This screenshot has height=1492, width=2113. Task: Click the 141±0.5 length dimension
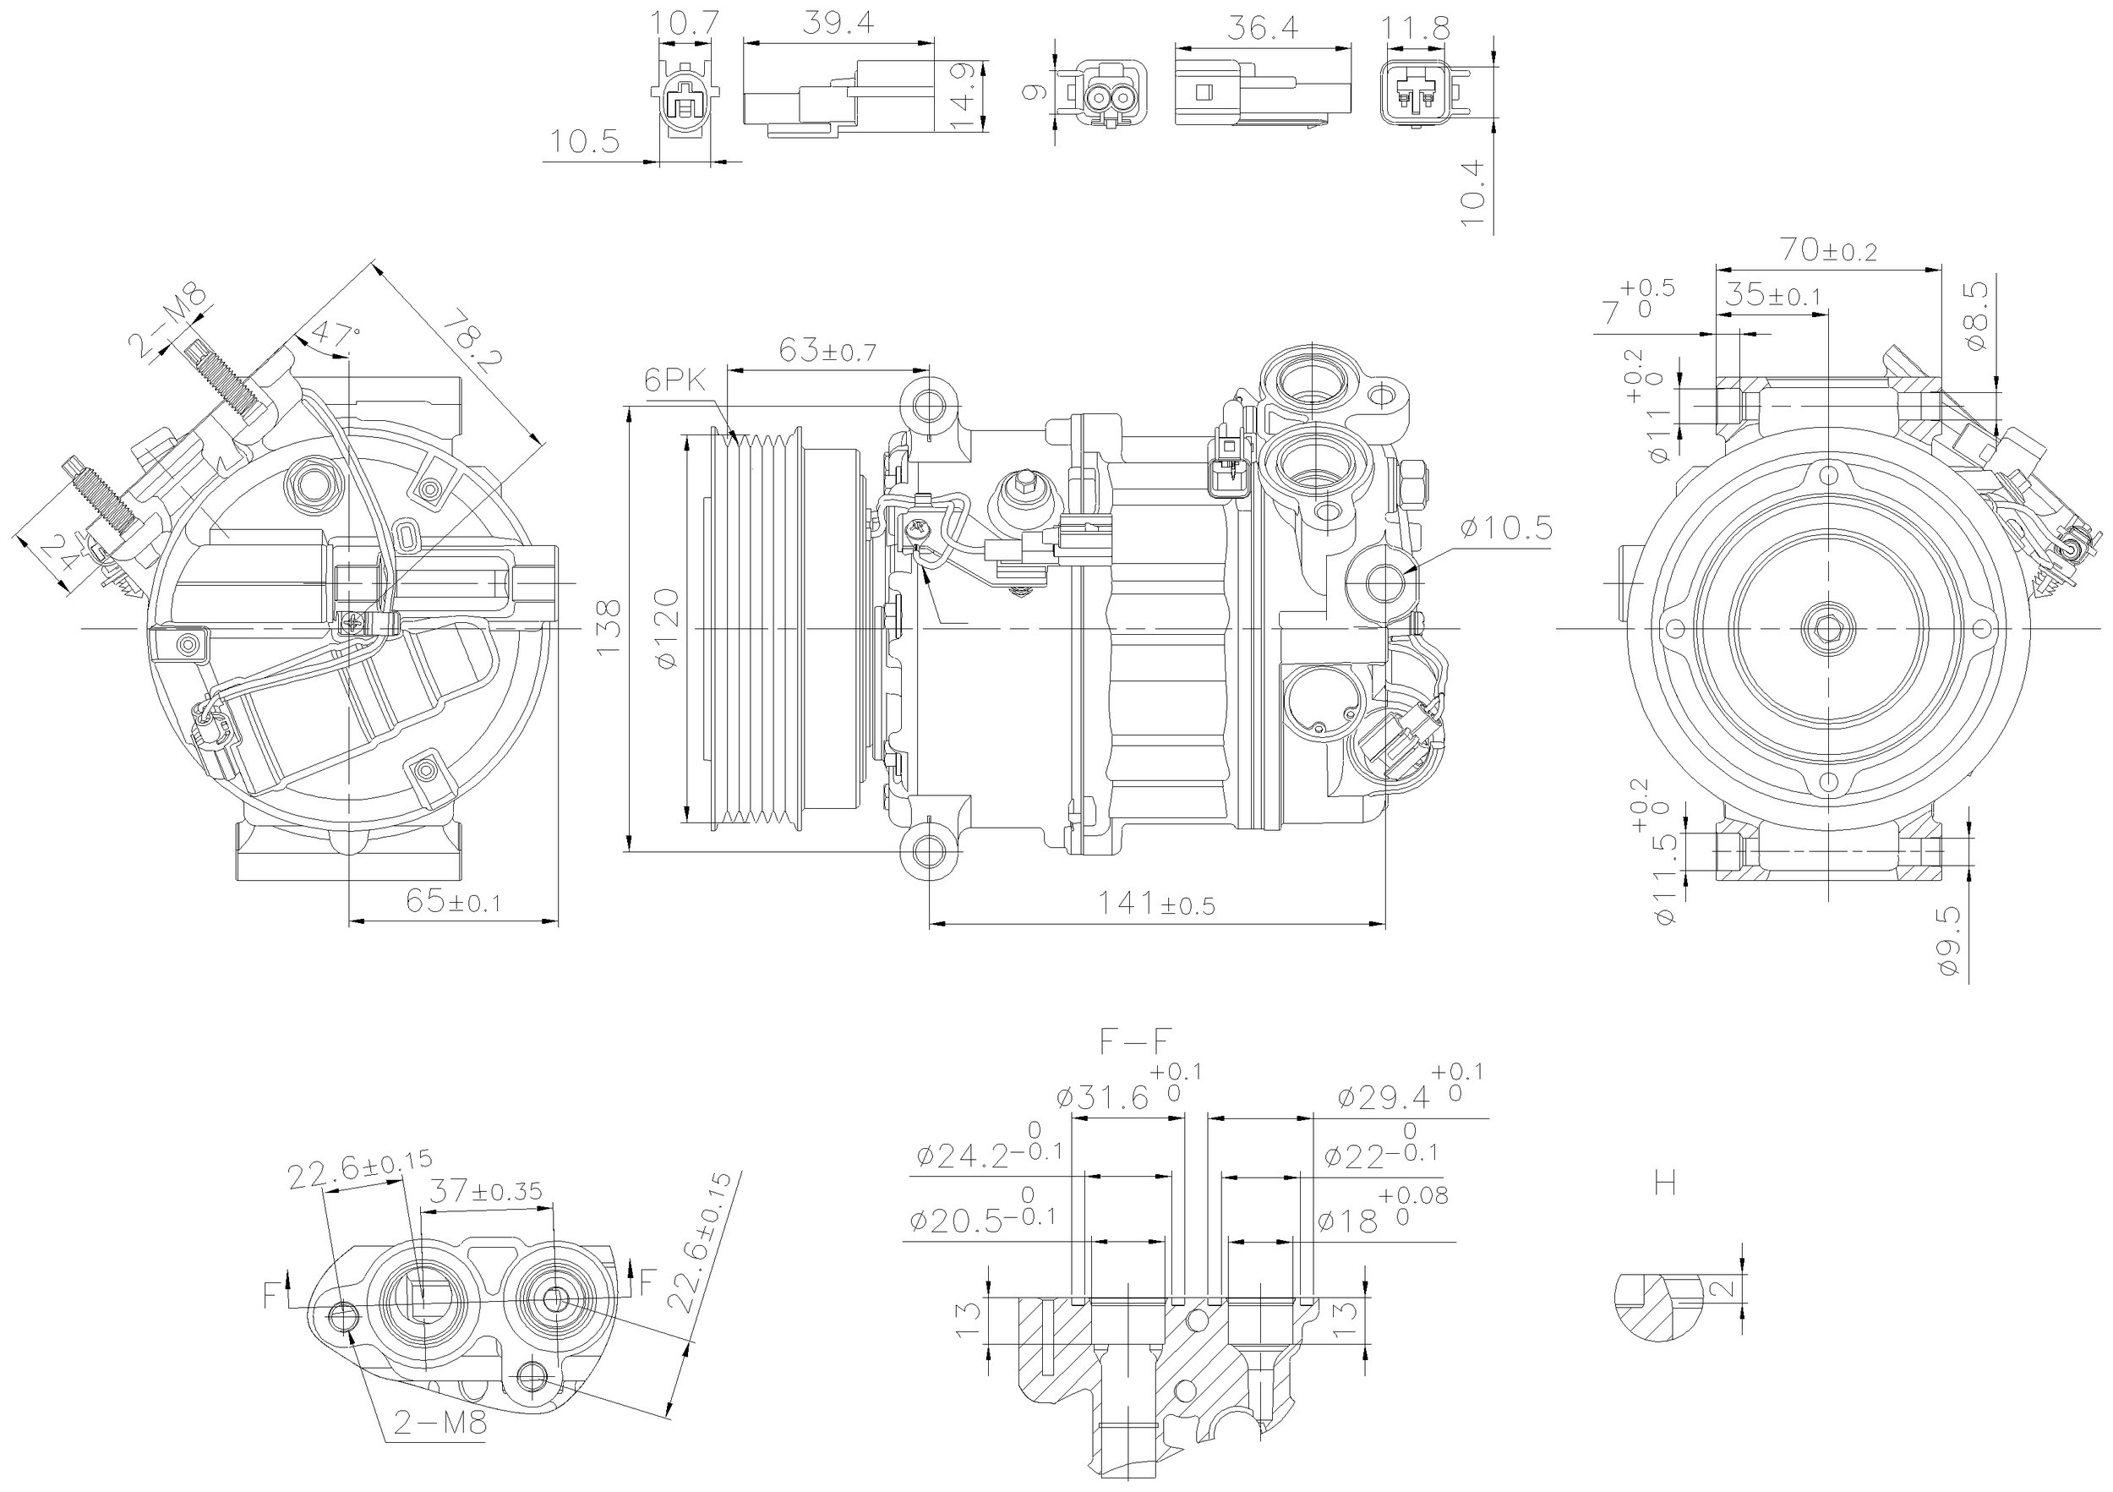point(1155,904)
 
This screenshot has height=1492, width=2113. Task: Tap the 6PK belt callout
point(674,380)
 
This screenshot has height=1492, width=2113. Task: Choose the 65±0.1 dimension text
point(453,901)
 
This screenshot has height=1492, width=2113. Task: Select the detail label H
point(1665,1182)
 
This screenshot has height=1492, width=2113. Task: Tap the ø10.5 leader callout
point(1505,528)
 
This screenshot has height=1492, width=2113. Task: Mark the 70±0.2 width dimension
point(1826,249)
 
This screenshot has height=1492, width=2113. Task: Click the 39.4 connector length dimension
point(838,23)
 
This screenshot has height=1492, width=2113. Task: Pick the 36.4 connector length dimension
point(1263,29)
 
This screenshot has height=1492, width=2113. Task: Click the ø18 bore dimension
point(1347,1222)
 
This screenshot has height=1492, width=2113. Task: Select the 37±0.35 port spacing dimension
point(486,1192)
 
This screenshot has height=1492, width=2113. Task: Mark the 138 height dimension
point(609,628)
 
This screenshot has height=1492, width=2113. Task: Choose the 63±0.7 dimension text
point(827,351)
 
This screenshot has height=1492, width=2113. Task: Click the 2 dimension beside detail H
point(1727,1288)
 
